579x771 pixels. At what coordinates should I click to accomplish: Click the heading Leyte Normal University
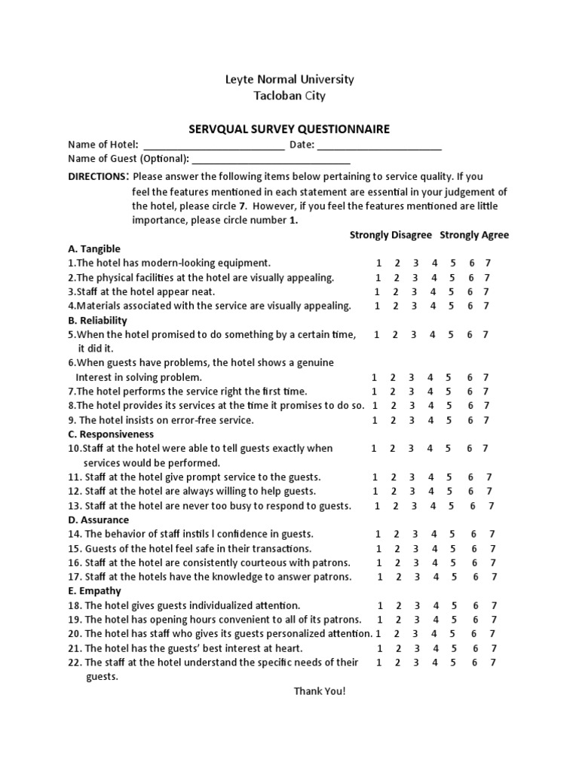(289, 79)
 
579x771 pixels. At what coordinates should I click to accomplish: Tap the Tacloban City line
(289, 96)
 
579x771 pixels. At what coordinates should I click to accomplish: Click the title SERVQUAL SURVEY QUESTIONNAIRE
(289, 129)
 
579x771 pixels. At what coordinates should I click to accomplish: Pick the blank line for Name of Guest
(271, 161)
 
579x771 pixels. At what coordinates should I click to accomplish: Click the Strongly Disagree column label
(391, 235)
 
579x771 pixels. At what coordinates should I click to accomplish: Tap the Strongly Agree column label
(474, 235)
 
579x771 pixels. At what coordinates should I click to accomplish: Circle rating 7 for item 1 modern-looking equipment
(487, 263)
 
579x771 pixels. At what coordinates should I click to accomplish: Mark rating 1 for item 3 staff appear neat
(377, 291)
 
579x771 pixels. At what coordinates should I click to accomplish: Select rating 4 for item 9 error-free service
(430, 420)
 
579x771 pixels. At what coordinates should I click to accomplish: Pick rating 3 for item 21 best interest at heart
(415, 648)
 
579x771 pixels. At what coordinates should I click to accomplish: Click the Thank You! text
(320, 691)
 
